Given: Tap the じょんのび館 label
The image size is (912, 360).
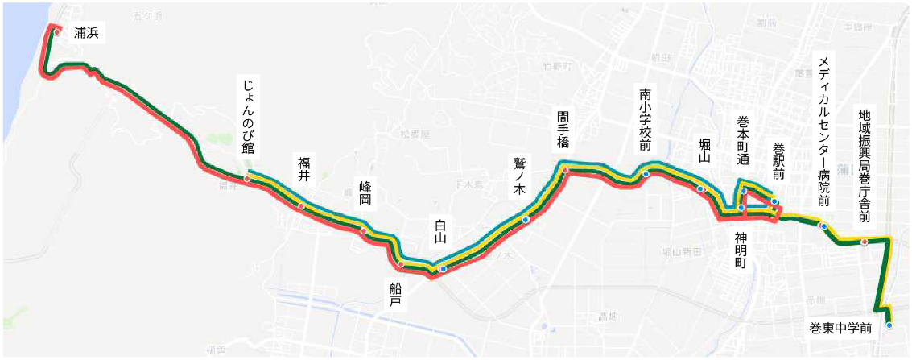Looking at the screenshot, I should click(247, 116).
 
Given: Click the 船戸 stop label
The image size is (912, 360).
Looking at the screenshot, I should click(394, 295).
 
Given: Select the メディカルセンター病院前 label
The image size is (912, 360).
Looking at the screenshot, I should click(823, 131).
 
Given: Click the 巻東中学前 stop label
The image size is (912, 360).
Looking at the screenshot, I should click(841, 328).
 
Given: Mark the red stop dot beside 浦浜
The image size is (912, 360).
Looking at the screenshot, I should click(57, 32).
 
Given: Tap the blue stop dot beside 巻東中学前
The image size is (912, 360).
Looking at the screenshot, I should click(889, 325).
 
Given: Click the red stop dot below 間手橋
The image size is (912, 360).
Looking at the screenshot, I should click(565, 170).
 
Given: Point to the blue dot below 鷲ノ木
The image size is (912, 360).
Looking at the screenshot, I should click(526, 219).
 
